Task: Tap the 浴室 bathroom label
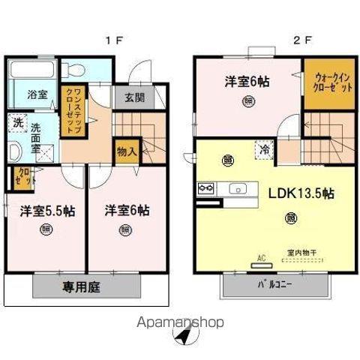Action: tap(25, 96)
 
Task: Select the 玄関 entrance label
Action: tap(135, 97)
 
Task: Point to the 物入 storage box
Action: tap(126, 151)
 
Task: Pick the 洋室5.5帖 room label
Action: tap(42, 211)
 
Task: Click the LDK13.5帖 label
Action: tap(300, 193)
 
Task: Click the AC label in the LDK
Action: tap(262, 258)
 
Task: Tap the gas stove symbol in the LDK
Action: tap(207, 187)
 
